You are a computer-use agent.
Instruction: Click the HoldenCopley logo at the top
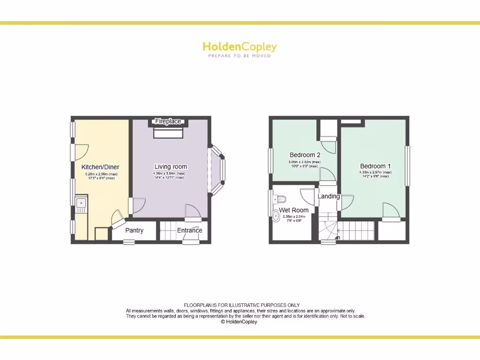click(x=240, y=46)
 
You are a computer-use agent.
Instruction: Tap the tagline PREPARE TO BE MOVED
click(x=240, y=56)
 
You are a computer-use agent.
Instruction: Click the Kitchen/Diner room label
click(x=100, y=167)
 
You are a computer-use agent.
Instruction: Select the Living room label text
click(x=171, y=166)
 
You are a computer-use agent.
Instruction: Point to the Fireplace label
click(x=168, y=121)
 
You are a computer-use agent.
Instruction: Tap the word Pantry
click(x=134, y=230)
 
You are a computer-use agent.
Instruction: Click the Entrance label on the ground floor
click(x=189, y=230)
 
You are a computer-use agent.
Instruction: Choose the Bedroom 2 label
click(x=305, y=155)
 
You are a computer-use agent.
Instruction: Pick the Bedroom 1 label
click(x=375, y=166)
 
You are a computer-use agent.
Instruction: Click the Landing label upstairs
click(x=329, y=196)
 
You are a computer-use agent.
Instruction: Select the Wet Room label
click(x=294, y=210)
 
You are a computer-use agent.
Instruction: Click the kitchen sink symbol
click(x=81, y=205)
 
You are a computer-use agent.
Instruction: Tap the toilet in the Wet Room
click(x=280, y=199)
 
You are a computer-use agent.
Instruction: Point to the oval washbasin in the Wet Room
click(x=275, y=216)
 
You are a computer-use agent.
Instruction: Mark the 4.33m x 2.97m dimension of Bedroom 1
click(x=375, y=172)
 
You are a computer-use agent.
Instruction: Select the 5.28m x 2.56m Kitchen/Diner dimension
click(x=101, y=174)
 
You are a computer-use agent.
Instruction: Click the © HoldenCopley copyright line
click(x=239, y=322)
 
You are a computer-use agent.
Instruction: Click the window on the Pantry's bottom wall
click(x=128, y=242)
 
